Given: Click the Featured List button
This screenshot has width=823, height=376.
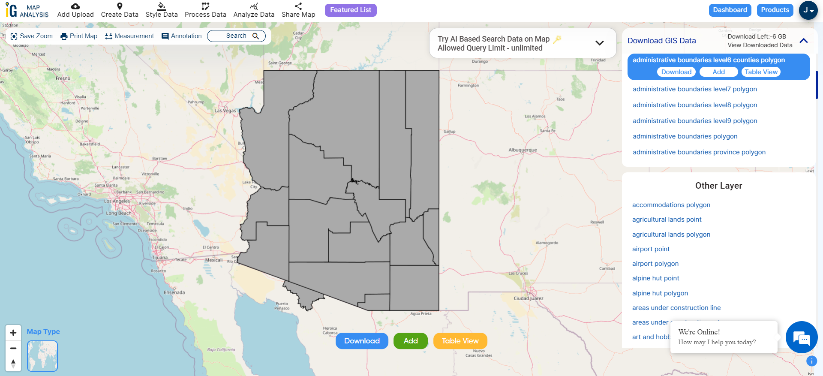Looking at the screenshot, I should [x=350, y=10].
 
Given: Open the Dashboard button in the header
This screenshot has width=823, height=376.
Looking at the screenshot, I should [x=730, y=10].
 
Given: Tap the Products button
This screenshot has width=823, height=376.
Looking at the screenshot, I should [x=775, y=10].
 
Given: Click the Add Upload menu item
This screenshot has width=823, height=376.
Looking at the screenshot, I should [x=75, y=10].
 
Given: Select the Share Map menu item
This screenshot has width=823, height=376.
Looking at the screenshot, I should [x=298, y=10].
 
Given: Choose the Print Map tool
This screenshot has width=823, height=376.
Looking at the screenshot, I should [x=79, y=36].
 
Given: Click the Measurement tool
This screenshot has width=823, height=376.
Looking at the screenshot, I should [x=129, y=36].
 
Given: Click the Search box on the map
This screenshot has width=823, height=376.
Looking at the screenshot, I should [x=236, y=36].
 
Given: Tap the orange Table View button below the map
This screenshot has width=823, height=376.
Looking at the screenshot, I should [x=460, y=341].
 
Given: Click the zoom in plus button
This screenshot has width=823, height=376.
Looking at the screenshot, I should [x=13, y=333].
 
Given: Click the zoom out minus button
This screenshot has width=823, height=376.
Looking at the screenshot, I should [x=13, y=348].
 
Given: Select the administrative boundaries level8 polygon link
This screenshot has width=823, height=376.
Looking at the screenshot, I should [x=695, y=105].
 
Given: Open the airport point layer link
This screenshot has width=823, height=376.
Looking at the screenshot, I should [x=651, y=249].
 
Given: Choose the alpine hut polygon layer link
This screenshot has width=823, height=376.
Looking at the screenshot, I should [x=660, y=293].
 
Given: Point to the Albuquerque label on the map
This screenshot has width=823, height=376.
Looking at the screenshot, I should [x=523, y=150].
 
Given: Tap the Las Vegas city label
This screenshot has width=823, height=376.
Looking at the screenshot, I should [x=225, y=111].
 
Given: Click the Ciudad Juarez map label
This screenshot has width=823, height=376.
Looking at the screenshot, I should [x=528, y=298].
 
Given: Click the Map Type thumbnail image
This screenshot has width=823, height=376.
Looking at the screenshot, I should [x=42, y=356].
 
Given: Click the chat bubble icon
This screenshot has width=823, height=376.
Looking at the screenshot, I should [x=801, y=337].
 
